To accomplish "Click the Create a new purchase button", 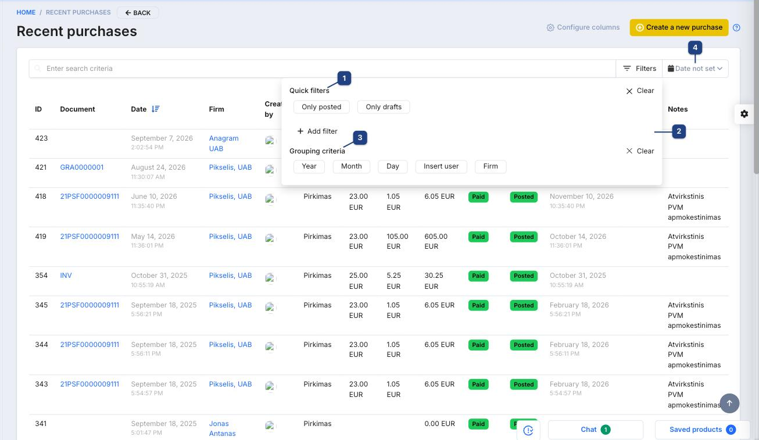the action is click(679, 27).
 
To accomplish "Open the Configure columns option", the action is click(583, 27).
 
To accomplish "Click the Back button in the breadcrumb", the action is click(138, 13).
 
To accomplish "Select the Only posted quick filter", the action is click(321, 107).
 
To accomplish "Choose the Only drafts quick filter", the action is click(384, 107).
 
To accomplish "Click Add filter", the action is click(317, 131).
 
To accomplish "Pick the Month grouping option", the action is click(352, 166).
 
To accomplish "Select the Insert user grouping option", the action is click(441, 166).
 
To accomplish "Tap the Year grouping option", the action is click(309, 166).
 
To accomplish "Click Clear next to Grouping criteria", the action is click(640, 151).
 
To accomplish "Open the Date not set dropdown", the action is click(695, 69).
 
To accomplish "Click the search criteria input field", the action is click(322, 69).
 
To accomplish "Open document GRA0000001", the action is click(82, 167).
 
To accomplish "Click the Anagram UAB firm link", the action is click(224, 144).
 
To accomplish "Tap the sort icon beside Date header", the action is click(156, 109).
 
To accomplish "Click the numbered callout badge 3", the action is click(360, 138).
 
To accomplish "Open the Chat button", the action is click(595, 430).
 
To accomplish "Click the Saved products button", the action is click(702, 430).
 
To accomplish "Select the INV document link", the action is click(66, 276).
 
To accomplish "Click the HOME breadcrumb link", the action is click(26, 12).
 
